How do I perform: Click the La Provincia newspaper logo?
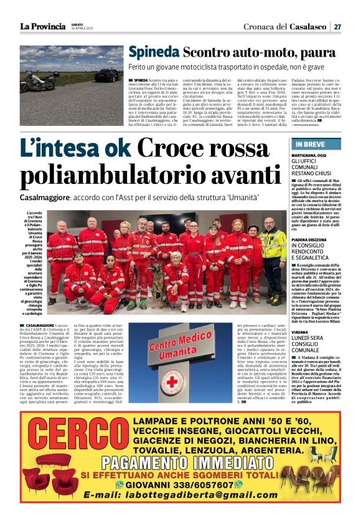(x=42, y=26)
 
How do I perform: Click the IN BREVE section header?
(x=306, y=145)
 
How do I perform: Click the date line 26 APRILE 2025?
(x=83, y=29)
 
